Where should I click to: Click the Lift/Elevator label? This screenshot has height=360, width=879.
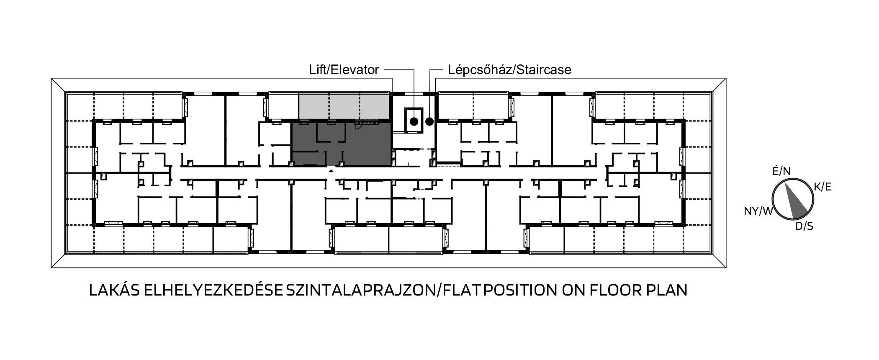(344, 69)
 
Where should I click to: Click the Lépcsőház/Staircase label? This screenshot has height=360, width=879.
(509, 69)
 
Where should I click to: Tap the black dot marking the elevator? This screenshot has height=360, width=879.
(414, 122)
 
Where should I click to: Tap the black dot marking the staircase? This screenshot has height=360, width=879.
(429, 122)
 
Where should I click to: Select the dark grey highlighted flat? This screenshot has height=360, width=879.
(341, 144)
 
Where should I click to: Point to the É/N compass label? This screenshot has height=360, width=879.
(781, 171)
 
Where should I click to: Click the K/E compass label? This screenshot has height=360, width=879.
(822, 187)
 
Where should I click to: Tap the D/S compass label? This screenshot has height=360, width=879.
(804, 226)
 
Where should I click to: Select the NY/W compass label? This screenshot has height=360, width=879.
(758, 211)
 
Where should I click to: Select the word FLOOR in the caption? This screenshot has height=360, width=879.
(615, 291)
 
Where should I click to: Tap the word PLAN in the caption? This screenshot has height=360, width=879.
(667, 291)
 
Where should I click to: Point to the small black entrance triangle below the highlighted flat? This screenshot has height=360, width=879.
(331, 171)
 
